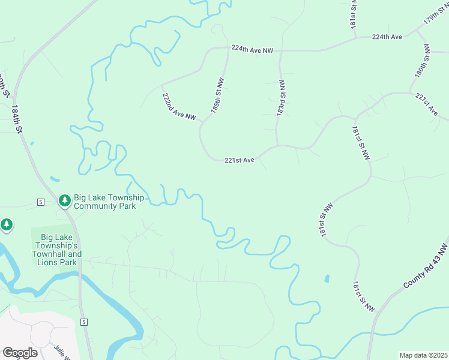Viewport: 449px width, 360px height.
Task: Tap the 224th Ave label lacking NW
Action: [x=387, y=37]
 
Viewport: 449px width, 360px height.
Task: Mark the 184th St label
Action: [x=17, y=120]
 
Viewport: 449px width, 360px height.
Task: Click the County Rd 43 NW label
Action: [x=426, y=265]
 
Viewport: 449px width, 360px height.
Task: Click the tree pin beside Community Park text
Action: [x=65, y=200]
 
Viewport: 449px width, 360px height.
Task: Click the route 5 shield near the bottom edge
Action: [x=84, y=322]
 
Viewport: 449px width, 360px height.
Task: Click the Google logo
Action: [x=20, y=353]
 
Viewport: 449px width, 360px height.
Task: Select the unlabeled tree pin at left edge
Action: [x=7, y=225]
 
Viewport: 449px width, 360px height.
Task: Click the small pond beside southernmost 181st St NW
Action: [x=327, y=279]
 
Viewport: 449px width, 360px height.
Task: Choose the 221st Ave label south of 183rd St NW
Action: [x=240, y=160]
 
